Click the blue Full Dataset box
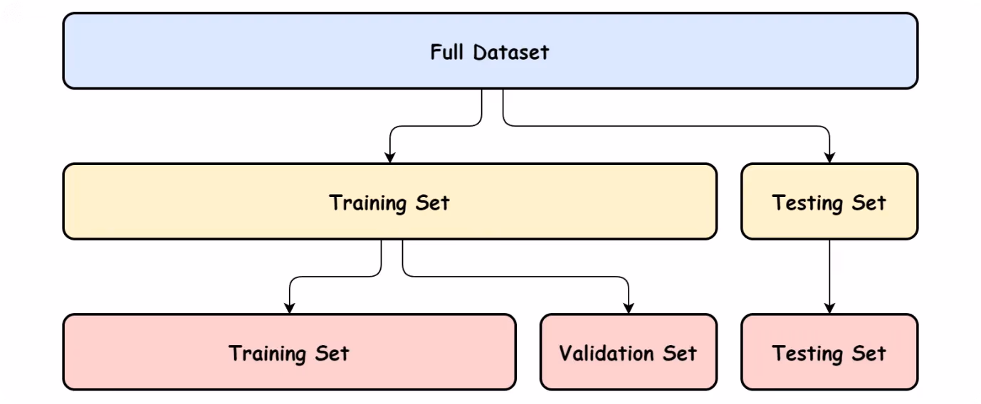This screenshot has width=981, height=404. click(490, 51)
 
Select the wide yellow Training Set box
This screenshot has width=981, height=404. click(390, 201)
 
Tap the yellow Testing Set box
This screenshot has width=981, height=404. click(829, 201)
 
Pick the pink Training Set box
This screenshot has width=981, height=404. click(290, 352)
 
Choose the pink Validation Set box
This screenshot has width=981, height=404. click(629, 352)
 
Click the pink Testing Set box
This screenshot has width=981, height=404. click(829, 352)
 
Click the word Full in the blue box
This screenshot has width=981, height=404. click(446, 52)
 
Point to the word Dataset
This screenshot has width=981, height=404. click(510, 52)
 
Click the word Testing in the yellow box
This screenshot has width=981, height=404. click(807, 203)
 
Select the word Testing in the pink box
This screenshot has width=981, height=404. click(807, 354)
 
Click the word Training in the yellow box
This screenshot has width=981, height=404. click(368, 203)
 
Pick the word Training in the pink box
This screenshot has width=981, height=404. click(267, 354)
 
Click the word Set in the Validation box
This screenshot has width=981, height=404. click(680, 353)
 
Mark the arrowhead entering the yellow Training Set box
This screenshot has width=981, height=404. click(390, 158)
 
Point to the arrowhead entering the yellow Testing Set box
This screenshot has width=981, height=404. click(829, 158)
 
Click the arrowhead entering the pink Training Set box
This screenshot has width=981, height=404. click(290, 308)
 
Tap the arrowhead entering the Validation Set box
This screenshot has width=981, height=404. click(629, 308)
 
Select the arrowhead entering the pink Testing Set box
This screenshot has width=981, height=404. click(829, 308)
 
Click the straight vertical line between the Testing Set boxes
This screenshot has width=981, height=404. click(829, 277)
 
